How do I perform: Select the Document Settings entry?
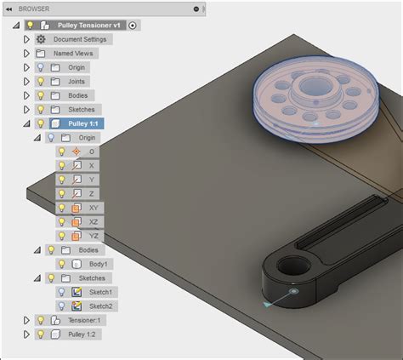click(x=80, y=39)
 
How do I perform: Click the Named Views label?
click(x=73, y=53)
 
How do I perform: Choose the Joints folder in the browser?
click(x=77, y=81)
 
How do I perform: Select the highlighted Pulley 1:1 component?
click(x=82, y=123)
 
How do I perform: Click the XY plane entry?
click(x=93, y=207)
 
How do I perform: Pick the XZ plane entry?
click(x=93, y=221)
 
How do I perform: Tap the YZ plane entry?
click(x=93, y=235)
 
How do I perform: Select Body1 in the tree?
click(x=99, y=264)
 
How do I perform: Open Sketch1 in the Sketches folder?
click(x=100, y=292)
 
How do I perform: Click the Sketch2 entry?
click(x=100, y=306)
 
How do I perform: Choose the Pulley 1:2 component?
click(x=82, y=334)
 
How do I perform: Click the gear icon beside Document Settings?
click(x=40, y=39)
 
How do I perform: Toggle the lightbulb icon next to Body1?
click(x=61, y=264)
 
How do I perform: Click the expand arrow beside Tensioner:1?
click(x=26, y=320)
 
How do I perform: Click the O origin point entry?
click(x=92, y=151)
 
